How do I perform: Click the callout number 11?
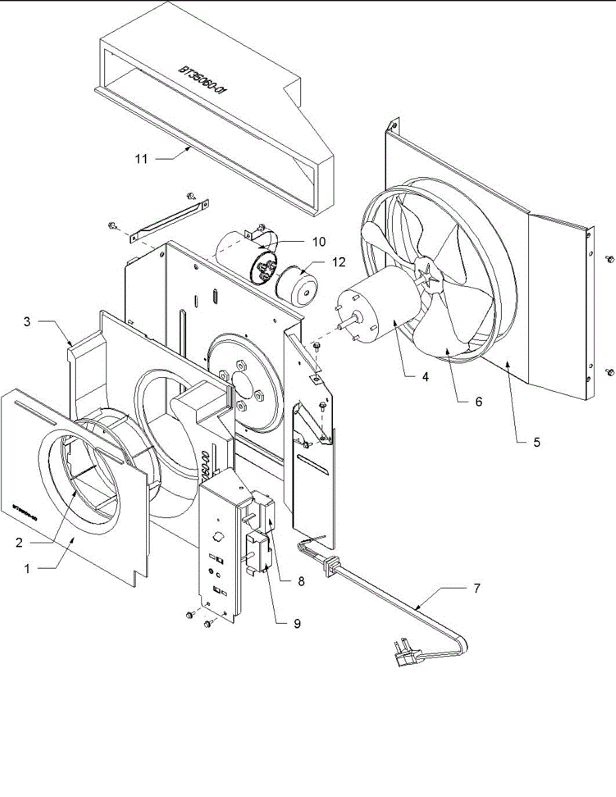click(141, 159)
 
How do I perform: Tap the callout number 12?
click(339, 262)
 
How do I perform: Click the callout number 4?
click(425, 377)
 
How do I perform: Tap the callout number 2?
click(19, 542)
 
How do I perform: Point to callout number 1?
click(27, 569)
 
